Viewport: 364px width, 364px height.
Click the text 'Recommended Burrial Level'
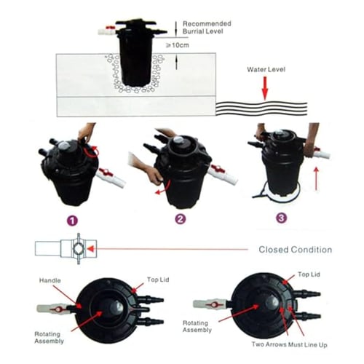tap(207, 28)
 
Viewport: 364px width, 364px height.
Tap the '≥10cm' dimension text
tap(177, 45)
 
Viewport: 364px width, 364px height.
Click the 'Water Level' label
tap(266, 69)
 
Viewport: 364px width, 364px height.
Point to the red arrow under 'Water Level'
tap(265, 88)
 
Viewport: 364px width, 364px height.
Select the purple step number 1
tap(73, 221)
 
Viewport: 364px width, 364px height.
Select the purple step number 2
tap(181, 219)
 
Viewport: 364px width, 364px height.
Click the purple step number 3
tap(281, 218)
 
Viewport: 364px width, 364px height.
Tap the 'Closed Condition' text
tap(296, 250)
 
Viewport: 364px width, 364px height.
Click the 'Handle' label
tap(50, 280)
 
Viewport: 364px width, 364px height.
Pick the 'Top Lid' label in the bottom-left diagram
tap(158, 280)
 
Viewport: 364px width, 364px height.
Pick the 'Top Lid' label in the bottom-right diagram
tap(309, 274)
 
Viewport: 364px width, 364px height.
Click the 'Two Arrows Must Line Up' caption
tap(289, 344)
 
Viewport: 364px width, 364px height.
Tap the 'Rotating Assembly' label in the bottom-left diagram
tap(49, 338)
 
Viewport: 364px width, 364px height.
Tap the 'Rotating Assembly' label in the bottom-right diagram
tap(197, 326)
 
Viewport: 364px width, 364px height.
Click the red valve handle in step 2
tap(218, 168)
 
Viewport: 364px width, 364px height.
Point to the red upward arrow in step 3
tap(316, 178)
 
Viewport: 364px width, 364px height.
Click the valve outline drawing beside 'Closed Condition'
tap(66, 248)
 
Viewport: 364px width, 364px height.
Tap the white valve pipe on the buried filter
tap(107, 31)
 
